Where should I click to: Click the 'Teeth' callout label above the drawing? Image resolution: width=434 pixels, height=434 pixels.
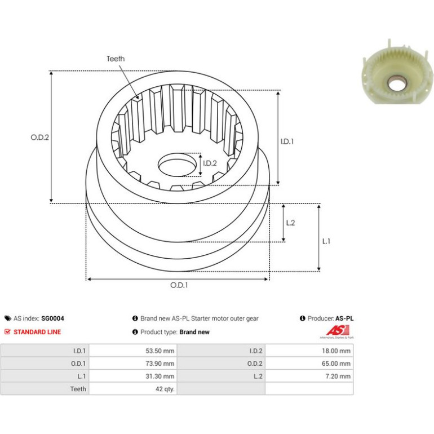[x=116, y=59]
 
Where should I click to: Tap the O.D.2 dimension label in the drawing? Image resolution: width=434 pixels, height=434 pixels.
[x=39, y=138]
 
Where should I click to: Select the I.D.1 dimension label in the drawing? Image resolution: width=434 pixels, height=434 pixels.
[x=287, y=141]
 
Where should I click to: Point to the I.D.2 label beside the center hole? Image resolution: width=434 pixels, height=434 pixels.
[x=210, y=163]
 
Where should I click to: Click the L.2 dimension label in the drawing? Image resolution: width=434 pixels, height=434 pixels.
[x=290, y=223]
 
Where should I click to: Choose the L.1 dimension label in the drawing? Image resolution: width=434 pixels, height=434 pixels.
[x=326, y=241]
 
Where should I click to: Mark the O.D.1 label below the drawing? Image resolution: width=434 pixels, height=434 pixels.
[x=179, y=285]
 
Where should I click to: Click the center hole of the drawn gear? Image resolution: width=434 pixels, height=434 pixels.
[x=176, y=165]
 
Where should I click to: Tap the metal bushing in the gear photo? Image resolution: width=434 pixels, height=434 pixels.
[x=397, y=83]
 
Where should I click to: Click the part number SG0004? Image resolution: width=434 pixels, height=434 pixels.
[x=52, y=318]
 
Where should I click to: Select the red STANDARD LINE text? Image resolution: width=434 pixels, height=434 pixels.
[x=37, y=332]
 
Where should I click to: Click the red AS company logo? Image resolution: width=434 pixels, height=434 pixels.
[x=337, y=331]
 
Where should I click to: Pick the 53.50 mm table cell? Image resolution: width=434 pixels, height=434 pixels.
[x=133, y=351]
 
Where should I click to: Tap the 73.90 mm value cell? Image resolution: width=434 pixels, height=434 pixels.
[x=133, y=364]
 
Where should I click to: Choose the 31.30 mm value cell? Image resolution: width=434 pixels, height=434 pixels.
[x=133, y=376]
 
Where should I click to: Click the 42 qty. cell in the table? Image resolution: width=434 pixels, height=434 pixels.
[x=133, y=389]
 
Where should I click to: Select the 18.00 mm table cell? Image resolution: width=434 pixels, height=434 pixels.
[x=309, y=351]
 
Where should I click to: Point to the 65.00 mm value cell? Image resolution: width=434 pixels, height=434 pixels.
[x=309, y=364]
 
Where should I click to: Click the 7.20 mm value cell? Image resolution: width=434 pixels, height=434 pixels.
[x=309, y=376]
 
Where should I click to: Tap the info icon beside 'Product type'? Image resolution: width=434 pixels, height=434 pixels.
[x=135, y=332]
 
